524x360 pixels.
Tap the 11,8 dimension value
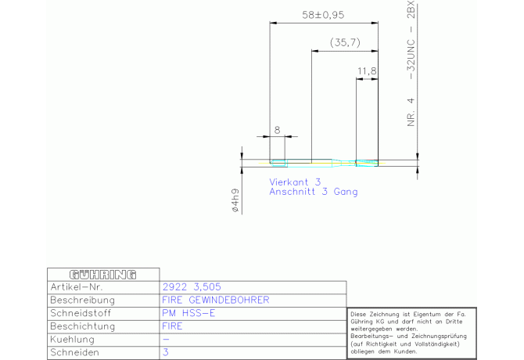pos(367,71)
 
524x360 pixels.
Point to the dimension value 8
pos(277,130)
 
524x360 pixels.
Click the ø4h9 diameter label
pos(233,201)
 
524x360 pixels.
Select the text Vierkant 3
pos(296,181)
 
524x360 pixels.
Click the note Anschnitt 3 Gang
pos(314,192)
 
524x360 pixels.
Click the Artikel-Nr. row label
pos(76,287)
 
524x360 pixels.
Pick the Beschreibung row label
pos(82,300)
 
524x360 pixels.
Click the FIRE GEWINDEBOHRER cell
pos(215,300)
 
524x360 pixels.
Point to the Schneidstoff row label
pos(81,313)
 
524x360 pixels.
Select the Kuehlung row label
pos(72,340)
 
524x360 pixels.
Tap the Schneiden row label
pos(75,353)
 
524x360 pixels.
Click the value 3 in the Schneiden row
pos(166,353)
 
